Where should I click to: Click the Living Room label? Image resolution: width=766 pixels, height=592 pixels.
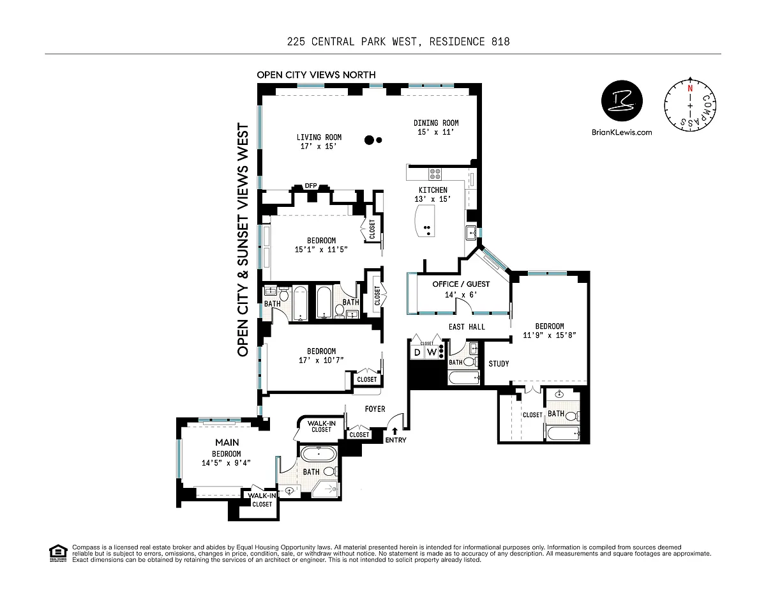[319, 142]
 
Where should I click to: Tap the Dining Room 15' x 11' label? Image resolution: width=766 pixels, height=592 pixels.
[436, 128]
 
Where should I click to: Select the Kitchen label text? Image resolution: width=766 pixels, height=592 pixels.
[433, 194]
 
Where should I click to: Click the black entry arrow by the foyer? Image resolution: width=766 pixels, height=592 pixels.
[395, 432]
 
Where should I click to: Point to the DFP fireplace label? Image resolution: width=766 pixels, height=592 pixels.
[311, 186]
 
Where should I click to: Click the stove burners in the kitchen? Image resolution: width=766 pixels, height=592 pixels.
[435, 172]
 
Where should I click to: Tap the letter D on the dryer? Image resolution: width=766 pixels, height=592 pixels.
[417, 352]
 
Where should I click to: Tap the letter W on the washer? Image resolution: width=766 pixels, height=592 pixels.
[431, 352]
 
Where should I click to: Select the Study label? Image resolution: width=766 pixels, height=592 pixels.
[499, 364]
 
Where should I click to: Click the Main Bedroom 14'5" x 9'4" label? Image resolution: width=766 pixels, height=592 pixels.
[227, 453]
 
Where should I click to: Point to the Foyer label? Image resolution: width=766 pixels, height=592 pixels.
[375, 409]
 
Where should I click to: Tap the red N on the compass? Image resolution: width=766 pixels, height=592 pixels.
[689, 89]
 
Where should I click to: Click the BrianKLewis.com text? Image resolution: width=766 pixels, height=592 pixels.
[622, 132]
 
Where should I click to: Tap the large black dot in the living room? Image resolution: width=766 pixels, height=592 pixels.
[369, 140]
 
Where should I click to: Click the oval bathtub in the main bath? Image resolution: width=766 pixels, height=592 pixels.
[318, 455]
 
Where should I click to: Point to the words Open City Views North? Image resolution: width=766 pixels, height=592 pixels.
[316, 75]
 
